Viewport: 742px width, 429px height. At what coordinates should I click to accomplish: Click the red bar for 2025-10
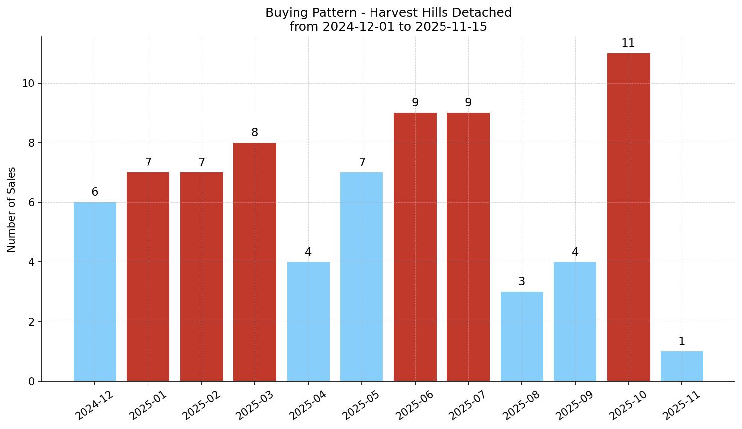point(628,217)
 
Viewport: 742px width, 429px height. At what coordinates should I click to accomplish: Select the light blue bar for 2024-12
point(95,292)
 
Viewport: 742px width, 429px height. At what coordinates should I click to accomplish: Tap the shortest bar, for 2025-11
point(681,366)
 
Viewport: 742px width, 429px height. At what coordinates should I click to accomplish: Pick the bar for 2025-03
point(255,262)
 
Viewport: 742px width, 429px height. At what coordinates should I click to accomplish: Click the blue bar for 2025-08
point(521,337)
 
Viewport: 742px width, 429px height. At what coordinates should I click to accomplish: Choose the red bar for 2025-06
point(415,247)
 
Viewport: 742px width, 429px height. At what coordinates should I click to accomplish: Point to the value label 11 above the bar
point(628,43)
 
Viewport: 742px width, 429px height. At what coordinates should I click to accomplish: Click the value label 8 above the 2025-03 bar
point(255,133)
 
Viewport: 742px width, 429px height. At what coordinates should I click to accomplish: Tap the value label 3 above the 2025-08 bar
point(521,282)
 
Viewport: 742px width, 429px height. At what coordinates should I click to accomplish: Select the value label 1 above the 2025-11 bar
point(681,342)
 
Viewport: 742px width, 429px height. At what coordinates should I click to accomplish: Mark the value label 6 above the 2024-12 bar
point(95,192)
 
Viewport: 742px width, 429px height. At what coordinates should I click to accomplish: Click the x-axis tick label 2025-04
point(308,405)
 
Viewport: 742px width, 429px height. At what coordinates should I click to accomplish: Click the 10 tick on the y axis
point(28,84)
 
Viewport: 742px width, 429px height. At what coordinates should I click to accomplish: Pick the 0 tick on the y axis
point(32,382)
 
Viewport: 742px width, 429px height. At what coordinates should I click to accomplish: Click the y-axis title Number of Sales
point(12,209)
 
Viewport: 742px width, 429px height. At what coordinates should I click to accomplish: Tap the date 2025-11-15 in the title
point(451,27)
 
